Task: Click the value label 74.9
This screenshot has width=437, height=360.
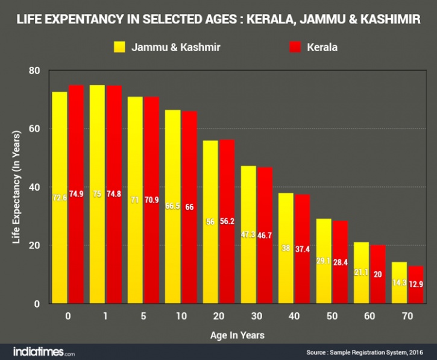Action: click(76, 194)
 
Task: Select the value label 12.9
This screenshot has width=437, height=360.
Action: click(416, 284)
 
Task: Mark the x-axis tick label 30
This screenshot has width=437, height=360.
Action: click(256, 315)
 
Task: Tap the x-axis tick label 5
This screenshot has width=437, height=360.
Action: click(143, 315)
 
